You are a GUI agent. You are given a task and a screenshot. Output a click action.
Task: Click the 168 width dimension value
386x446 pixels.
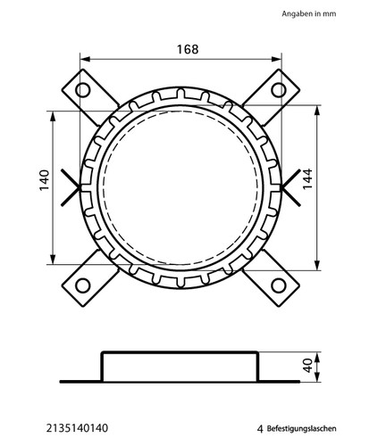click(x=188, y=49)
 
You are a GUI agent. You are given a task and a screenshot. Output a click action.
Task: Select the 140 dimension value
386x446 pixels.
click(x=45, y=180)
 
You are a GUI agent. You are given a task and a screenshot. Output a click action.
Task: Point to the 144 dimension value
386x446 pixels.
click(x=307, y=178)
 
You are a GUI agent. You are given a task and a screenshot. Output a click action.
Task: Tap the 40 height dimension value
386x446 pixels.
click(x=308, y=366)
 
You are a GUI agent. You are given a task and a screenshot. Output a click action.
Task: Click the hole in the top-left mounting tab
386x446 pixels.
click(x=82, y=90)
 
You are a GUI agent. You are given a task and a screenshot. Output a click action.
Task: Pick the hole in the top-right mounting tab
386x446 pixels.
click(x=279, y=90)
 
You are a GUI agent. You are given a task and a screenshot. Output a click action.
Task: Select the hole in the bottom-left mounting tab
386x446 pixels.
click(x=82, y=285)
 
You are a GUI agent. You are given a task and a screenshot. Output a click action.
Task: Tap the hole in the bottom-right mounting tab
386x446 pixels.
click(x=279, y=285)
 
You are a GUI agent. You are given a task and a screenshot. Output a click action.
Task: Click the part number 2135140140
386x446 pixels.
click(x=77, y=428)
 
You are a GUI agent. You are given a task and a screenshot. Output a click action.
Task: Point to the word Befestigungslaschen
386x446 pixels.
click(x=302, y=428)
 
